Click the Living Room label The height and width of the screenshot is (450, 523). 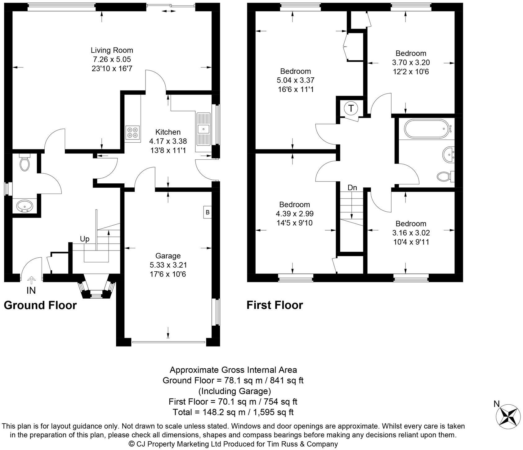click(x=112, y=50)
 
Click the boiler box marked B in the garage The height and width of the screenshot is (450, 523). click(x=208, y=213)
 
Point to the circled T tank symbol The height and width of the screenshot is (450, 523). click(x=351, y=108)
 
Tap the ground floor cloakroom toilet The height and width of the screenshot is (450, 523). click(x=24, y=163)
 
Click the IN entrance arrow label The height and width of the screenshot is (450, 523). click(x=31, y=290)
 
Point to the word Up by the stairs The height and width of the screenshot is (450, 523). click(x=85, y=239)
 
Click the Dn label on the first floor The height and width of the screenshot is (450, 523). click(x=352, y=188)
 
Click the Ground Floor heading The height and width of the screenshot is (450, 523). click(x=40, y=305)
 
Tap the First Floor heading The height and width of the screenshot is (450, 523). click(x=275, y=305)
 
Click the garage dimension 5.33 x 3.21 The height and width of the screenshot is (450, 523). click(x=168, y=265)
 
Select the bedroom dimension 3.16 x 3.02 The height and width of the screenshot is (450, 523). click(x=411, y=233)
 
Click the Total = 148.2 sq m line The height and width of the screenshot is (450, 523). click(x=233, y=412)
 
